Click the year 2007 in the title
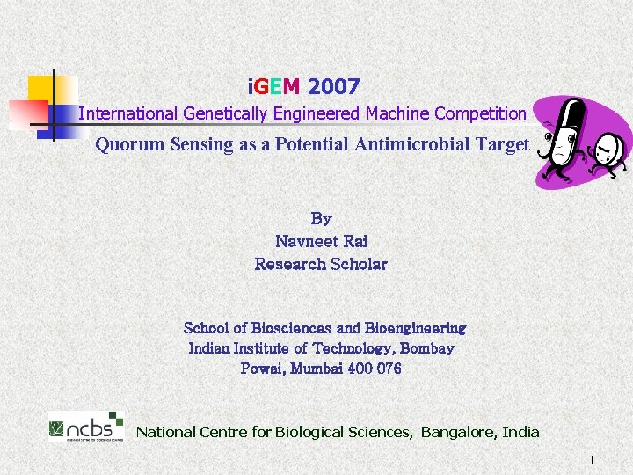(334, 86)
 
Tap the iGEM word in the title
(274, 86)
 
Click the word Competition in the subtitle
(481, 113)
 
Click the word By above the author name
(321, 218)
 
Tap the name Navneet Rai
(321, 241)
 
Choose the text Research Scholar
(321, 264)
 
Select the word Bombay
(426, 348)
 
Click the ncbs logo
(86, 427)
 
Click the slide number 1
(592, 460)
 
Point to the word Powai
(262, 369)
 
